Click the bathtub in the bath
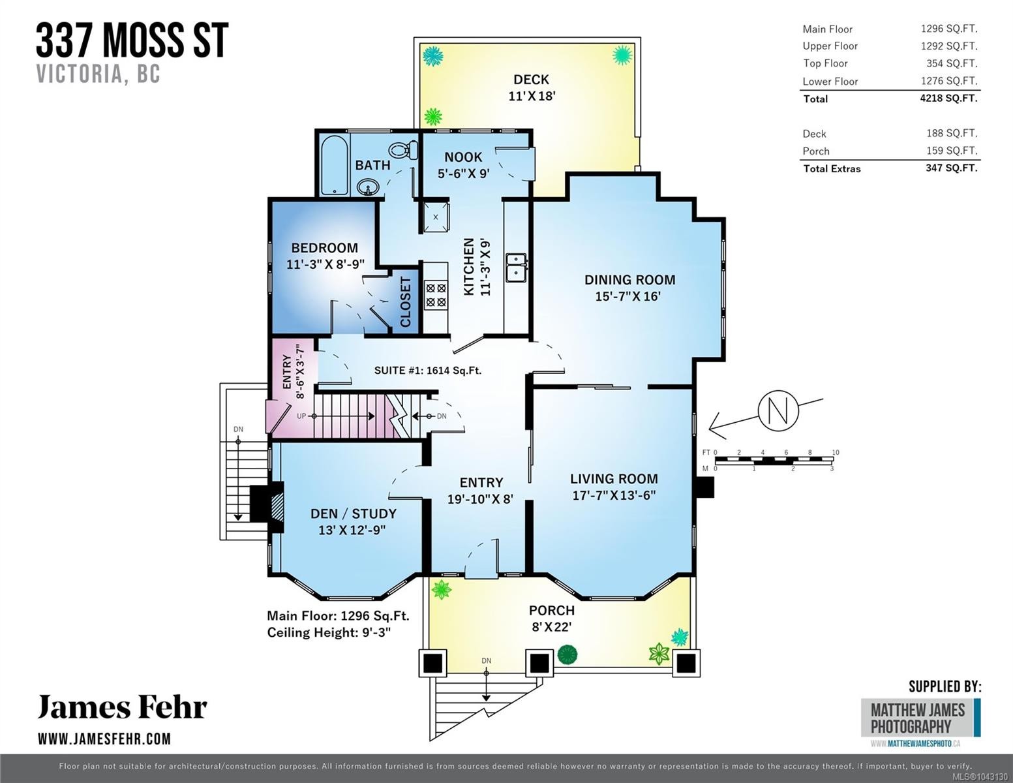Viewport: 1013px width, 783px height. (x=334, y=164)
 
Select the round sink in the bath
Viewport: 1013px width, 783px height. (x=369, y=187)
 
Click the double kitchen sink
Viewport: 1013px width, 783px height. (x=516, y=268)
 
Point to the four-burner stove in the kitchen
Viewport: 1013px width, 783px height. (x=436, y=295)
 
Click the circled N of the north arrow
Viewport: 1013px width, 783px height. (x=779, y=410)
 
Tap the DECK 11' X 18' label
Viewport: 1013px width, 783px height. (x=532, y=87)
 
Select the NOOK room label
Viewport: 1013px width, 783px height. (x=463, y=157)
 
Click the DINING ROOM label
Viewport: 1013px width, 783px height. (x=630, y=280)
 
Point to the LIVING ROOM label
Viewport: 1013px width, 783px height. (x=614, y=479)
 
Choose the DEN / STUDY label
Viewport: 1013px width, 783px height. (x=354, y=514)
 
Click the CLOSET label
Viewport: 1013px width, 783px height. (x=406, y=301)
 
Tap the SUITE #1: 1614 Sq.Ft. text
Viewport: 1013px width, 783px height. (x=427, y=371)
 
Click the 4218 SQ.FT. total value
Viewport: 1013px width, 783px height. (x=948, y=99)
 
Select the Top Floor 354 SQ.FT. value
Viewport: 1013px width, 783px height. (x=952, y=63)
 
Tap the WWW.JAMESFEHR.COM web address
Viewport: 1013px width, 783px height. (x=104, y=739)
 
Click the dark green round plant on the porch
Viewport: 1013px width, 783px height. (x=567, y=654)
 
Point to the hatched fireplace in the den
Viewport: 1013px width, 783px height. (x=278, y=507)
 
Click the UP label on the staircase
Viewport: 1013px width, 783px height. (x=301, y=416)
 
